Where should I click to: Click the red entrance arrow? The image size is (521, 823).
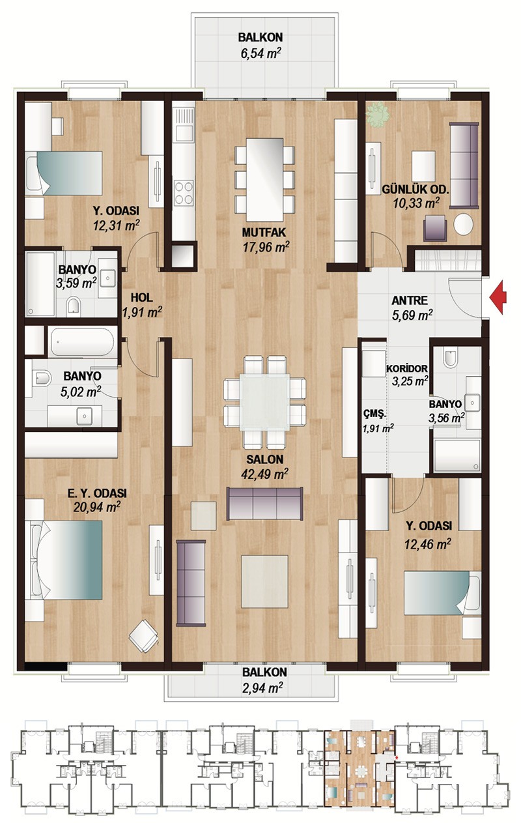[498, 297]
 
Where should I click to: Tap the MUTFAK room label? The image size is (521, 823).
[264, 232]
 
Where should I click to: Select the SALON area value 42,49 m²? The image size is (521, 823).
[264, 474]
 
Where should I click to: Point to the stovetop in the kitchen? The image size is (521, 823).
[184, 192]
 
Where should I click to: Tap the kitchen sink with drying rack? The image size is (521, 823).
[184, 124]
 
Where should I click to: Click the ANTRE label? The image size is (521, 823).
[410, 300]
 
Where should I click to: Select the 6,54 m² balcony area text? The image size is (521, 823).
[260, 53]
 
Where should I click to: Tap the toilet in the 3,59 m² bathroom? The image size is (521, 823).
[74, 307]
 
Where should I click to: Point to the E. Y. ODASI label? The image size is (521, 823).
[97, 493]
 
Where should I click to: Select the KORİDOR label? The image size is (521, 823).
[407, 368]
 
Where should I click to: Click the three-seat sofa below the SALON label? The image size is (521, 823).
[264, 503]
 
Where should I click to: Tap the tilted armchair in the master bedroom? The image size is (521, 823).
[143, 635]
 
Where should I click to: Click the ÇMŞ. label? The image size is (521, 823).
[374, 414]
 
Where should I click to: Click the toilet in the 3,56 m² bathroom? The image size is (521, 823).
[451, 358]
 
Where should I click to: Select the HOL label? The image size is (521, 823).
[142, 297]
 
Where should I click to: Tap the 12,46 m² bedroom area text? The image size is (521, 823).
[428, 543]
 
